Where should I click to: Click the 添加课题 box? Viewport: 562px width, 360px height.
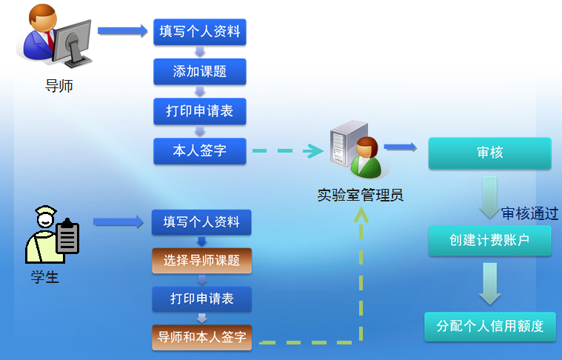[199, 72]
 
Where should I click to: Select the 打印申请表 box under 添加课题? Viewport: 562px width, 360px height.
[199, 111]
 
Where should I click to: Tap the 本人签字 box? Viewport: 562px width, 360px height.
[199, 151]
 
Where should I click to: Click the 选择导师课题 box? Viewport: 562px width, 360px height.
[201, 260]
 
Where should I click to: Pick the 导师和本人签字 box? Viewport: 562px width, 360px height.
[201, 338]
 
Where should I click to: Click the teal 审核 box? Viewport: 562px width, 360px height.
[489, 153]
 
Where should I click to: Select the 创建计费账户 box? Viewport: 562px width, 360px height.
[489, 241]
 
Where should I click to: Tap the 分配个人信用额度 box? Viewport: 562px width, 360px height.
[489, 326]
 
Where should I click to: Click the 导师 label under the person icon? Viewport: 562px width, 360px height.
[59, 86]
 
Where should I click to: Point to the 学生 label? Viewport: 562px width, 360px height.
[44, 277]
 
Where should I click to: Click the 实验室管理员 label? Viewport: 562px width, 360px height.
[360, 196]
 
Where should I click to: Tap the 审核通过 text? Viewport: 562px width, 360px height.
[529, 213]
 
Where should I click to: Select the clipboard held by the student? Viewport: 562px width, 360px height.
[68, 237]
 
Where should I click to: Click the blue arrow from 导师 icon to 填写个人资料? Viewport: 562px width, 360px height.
[123, 30]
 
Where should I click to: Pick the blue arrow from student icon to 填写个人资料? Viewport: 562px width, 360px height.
[118, 221]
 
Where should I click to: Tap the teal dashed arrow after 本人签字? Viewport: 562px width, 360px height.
[288, 151]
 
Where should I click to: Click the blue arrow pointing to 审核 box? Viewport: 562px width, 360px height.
[400, 147]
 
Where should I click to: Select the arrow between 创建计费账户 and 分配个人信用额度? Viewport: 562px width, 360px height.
[489, 284]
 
